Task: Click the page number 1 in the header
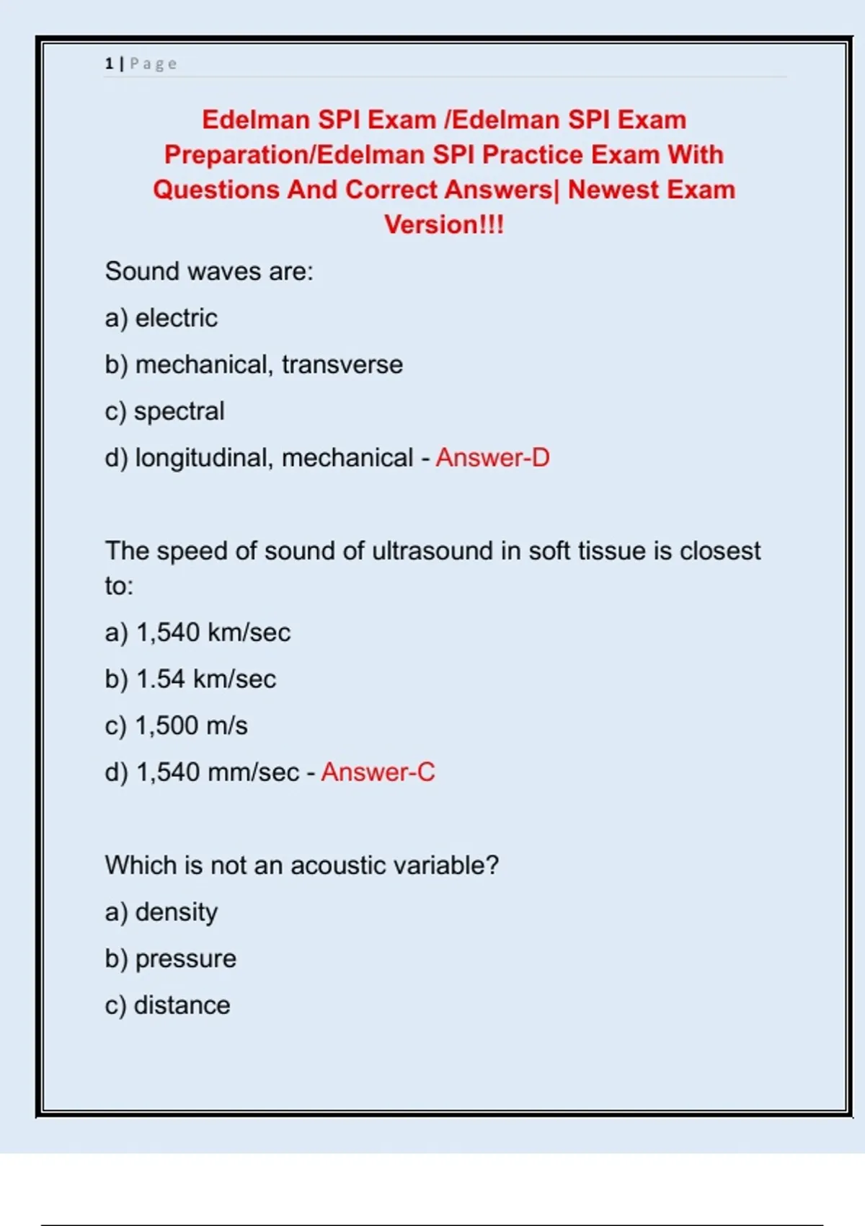tap(109, 63)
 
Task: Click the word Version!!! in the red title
tap(444, 224)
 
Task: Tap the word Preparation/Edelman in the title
tap(294, 154)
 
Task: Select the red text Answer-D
tap(492, 457)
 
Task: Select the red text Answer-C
tap(378, 772)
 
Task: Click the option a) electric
tap(161, 318)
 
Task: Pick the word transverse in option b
tap(342, 365)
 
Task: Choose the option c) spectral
tap(164, 411)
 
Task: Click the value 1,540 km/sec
tap(213, 632)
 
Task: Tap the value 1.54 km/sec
tap(205, 679)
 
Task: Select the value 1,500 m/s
tap(191, 726)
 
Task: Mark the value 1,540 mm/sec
tap(217, 772)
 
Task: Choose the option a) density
tap(161, 912)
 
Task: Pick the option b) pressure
tap(170, 958)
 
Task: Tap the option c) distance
tap(167, 1005)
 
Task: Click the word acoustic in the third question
tap(337, 865)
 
